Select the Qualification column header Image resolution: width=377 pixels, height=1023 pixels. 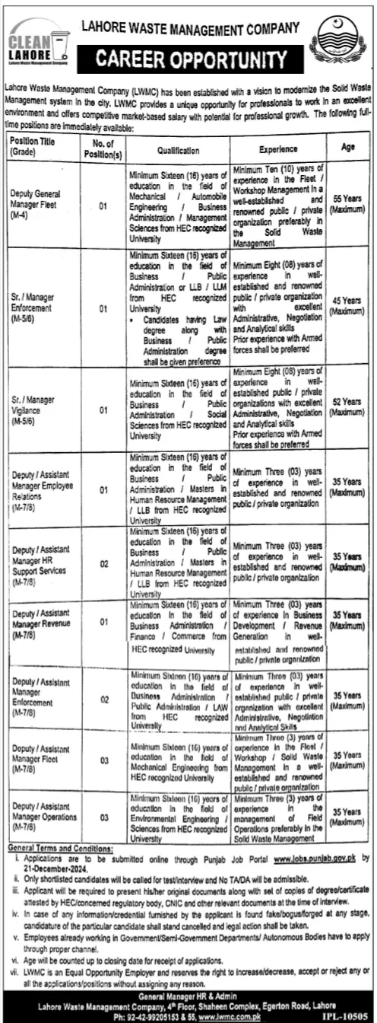coord(179,151)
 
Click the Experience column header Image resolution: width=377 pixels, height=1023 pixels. coord(277,150)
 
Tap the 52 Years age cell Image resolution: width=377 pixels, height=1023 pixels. coord(348,406)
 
